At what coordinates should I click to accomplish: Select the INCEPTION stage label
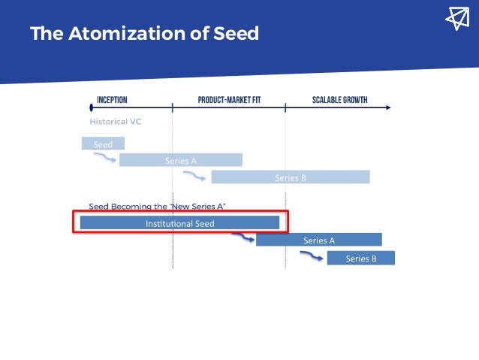click(112, 100)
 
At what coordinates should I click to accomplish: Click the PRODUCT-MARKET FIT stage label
click(229, 100)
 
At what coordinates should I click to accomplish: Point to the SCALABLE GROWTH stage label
click(339, 100)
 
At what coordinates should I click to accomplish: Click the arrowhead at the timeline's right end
click(388, 107)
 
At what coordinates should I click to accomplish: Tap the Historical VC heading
click(116, 121)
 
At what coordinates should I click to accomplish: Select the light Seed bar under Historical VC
click(103, 144)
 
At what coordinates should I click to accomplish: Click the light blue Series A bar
click(181, 160)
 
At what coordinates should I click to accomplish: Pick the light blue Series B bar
click(291, 177)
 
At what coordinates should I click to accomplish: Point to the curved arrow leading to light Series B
click(195, 176)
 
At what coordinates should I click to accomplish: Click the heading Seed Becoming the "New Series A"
click(157, 206)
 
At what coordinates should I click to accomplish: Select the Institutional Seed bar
click(179, 223)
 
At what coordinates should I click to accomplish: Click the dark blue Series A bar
click(319, 241)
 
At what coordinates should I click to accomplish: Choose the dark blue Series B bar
click(360, 258)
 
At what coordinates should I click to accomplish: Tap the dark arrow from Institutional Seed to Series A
click(242, 238)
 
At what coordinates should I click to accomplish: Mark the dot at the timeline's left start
click(91, 107)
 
